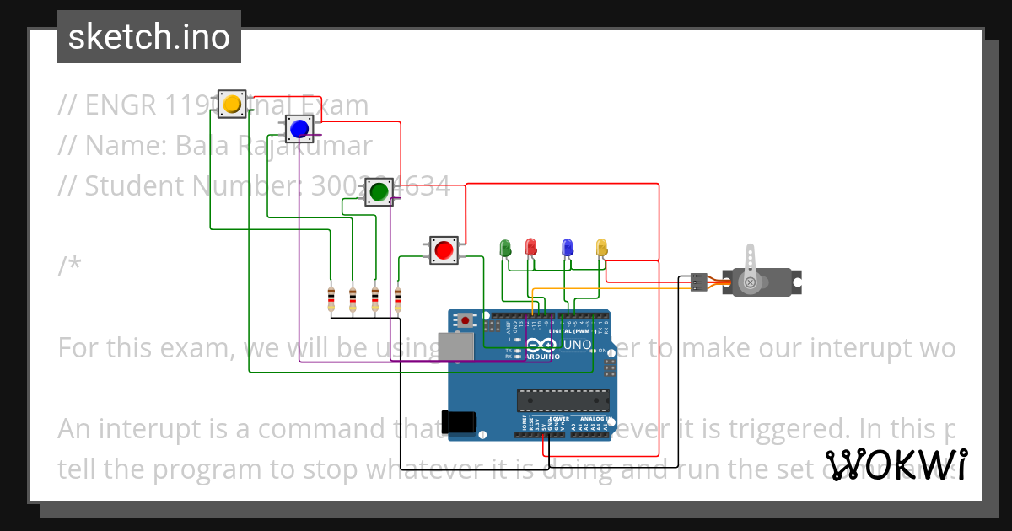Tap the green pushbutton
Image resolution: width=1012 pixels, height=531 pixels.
(379, 192)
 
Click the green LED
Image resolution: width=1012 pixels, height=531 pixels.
(506, 248)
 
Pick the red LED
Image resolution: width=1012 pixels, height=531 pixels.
(530, 247)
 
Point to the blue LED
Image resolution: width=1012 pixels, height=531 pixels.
(568, 247)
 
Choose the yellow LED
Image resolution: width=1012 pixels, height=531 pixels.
(601, 247)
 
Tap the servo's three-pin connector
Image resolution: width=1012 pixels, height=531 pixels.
(697, 282)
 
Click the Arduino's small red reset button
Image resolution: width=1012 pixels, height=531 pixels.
(465, 320)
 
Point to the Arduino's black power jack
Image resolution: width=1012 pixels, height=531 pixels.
(459, 421)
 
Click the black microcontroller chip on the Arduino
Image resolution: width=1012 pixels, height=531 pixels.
(563, 401)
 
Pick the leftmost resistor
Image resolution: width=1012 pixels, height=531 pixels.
(331, 298)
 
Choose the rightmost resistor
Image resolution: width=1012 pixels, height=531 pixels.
(397, 298)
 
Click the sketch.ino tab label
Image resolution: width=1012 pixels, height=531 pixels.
(149, 37)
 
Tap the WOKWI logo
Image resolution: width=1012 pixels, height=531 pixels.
(896, 464)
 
